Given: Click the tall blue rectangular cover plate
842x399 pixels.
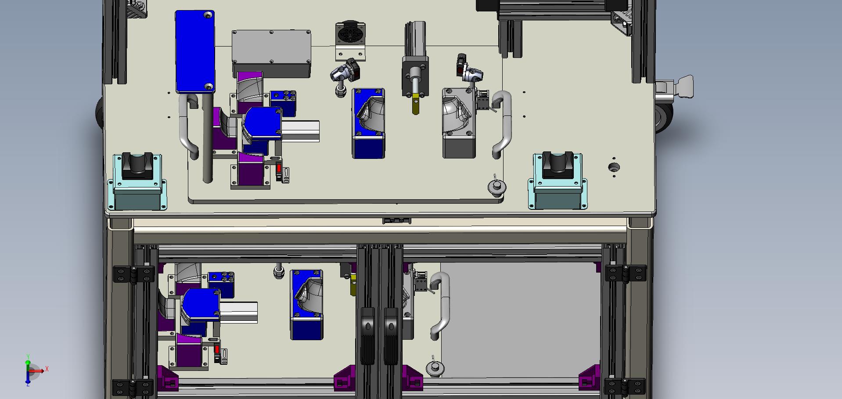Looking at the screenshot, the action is (x=195, y=52).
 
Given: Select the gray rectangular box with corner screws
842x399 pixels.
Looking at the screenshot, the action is (x=271, y=53).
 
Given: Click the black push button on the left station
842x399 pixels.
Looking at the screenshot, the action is (x=137, y=165).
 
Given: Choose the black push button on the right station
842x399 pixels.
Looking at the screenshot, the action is (x=558, y=165).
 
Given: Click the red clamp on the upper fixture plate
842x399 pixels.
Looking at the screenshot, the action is (x=278, y=169).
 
